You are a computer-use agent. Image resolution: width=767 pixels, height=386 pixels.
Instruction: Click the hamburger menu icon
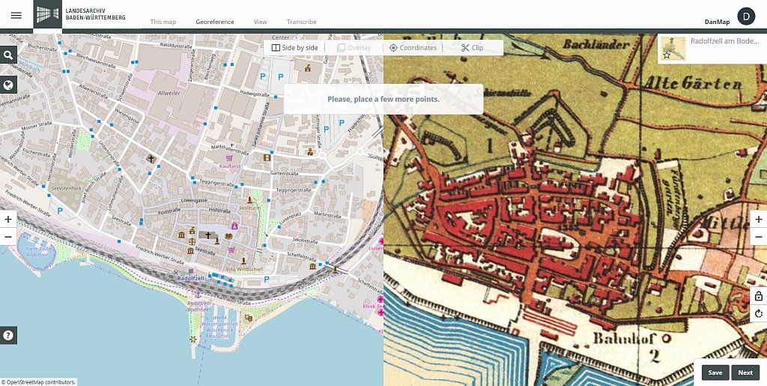tap(16, 15)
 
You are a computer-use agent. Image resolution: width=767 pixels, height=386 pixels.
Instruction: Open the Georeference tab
tap(215, 22)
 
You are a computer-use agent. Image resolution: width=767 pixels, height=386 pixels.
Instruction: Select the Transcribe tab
tap(301, 22)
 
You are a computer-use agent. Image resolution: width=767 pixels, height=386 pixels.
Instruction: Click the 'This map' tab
tap(163, 22)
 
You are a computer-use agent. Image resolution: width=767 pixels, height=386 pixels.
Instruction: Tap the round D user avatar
tap(746, 16)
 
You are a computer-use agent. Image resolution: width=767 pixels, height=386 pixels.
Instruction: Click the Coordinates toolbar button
tap(413, 48)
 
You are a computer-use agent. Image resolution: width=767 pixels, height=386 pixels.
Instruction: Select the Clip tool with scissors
tap(472, 48)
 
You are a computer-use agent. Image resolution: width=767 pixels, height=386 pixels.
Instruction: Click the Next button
tap(745, 373)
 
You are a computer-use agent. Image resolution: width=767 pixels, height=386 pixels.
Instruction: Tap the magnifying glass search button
tap(8, 55)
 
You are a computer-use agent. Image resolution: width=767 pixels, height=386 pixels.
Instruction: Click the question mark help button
tap(8, 335)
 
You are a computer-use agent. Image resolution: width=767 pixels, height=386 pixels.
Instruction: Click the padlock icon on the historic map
tap(759, 296)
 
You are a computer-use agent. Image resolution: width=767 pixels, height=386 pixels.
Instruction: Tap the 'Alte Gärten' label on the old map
tap(694, 82)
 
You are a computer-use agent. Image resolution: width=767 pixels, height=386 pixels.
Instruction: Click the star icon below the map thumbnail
tap(667, 55)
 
